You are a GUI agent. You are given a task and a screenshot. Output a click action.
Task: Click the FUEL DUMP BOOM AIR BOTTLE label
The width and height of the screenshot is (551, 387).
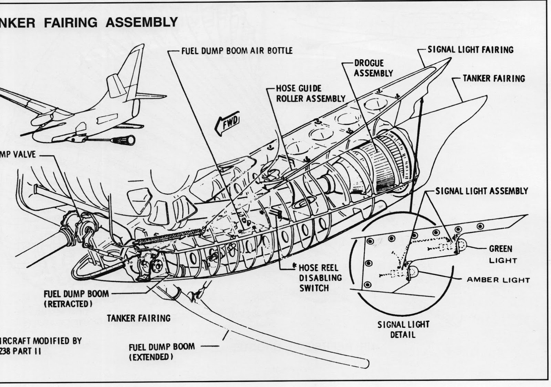pyautogui.click(x=237, y=51)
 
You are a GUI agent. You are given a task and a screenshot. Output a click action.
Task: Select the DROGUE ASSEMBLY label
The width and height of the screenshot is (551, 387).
pyautogui.click(x=373, y=68)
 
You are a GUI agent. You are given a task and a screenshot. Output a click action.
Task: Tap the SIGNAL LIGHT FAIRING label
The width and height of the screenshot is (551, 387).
pyautogui.click(x=470, y=50)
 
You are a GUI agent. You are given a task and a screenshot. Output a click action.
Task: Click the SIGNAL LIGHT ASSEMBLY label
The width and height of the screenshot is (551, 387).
pyautogui.click(x=481, y=191)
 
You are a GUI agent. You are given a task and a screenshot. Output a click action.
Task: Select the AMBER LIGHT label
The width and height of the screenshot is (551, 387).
pyautogui.click(x=498, y=280)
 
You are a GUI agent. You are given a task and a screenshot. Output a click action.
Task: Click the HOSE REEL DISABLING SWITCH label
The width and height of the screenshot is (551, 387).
pyautogui.click(x=320, y=278)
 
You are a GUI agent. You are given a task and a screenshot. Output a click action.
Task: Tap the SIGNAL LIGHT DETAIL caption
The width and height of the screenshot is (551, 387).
pyautogui.click(x=403, y=329)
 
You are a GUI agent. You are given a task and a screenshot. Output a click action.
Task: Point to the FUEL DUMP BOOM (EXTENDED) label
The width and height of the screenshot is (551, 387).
pyautogui.click(x=162, y=352)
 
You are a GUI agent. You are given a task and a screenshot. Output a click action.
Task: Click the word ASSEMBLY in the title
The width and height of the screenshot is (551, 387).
pyautogui.click(x=142, y=22)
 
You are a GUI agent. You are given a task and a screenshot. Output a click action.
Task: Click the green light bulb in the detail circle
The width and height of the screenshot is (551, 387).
pyautogui.click(x=461, y=245)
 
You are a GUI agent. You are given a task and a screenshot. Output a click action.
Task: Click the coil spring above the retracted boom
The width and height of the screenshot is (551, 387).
pyautogui.click(x=169, y=237)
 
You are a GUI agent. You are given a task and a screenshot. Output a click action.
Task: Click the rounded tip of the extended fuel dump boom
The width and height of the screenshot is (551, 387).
pyautogui.click(x=366, y=363)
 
